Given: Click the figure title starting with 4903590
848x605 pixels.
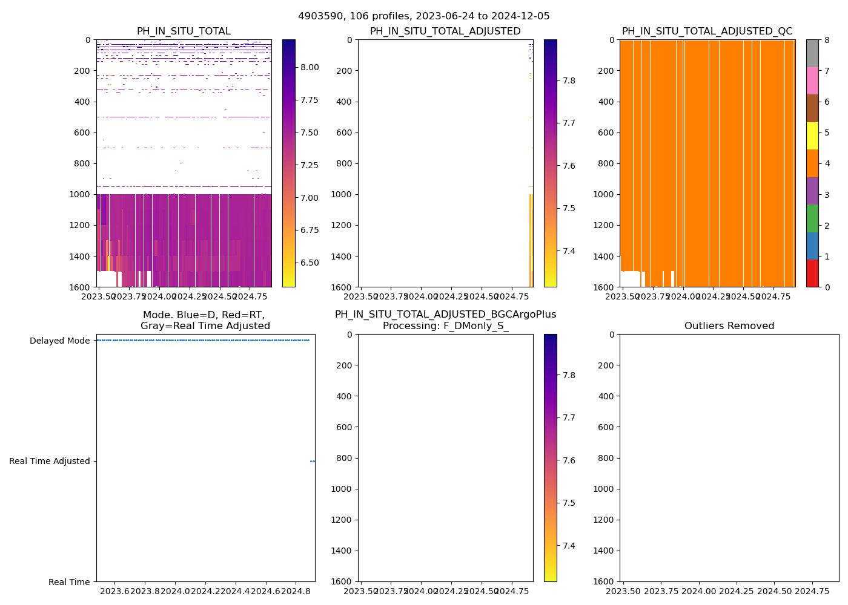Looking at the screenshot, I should (423, 16).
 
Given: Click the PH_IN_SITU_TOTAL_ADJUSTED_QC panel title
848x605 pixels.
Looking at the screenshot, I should (707, 31).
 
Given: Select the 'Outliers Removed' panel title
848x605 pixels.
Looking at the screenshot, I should (729, 326).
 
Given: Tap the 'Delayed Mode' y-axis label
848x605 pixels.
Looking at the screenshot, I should (59, 341).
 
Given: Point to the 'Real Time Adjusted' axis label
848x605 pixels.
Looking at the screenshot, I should (49, 461).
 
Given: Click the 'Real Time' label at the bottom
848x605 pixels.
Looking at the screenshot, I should (69, 582).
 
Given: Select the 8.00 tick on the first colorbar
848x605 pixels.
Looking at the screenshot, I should (310, 67).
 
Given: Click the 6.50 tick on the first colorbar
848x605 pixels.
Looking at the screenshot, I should (310, 263).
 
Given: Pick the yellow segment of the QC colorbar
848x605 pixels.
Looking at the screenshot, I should (812, 136).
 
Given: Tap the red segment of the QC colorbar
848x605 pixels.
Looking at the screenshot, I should (812, 273).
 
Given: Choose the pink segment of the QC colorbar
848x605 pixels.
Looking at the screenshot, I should (812, 81).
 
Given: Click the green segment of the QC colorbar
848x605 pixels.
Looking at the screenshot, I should (812, 218).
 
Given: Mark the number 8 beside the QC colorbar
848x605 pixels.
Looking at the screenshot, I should (826, 41).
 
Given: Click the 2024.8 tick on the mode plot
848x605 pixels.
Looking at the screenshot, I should (296, 590).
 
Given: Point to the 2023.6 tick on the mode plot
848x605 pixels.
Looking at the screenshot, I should (114, 590).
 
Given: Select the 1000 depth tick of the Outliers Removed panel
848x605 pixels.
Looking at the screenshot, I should (605, 489).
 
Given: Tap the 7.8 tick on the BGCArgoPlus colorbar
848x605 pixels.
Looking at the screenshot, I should (569, 375).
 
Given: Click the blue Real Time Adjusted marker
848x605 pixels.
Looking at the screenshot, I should (313, 461).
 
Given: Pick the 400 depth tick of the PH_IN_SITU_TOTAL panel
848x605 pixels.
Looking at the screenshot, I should (82, 102).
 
